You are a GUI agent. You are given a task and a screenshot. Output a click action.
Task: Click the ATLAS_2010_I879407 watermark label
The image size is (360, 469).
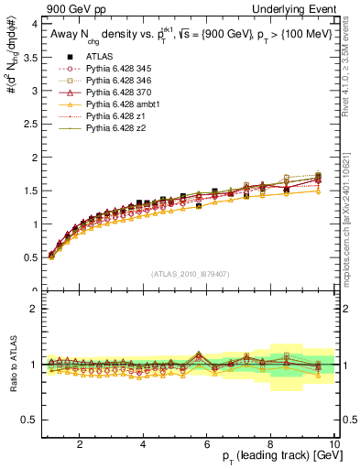(x=188, y=273)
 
